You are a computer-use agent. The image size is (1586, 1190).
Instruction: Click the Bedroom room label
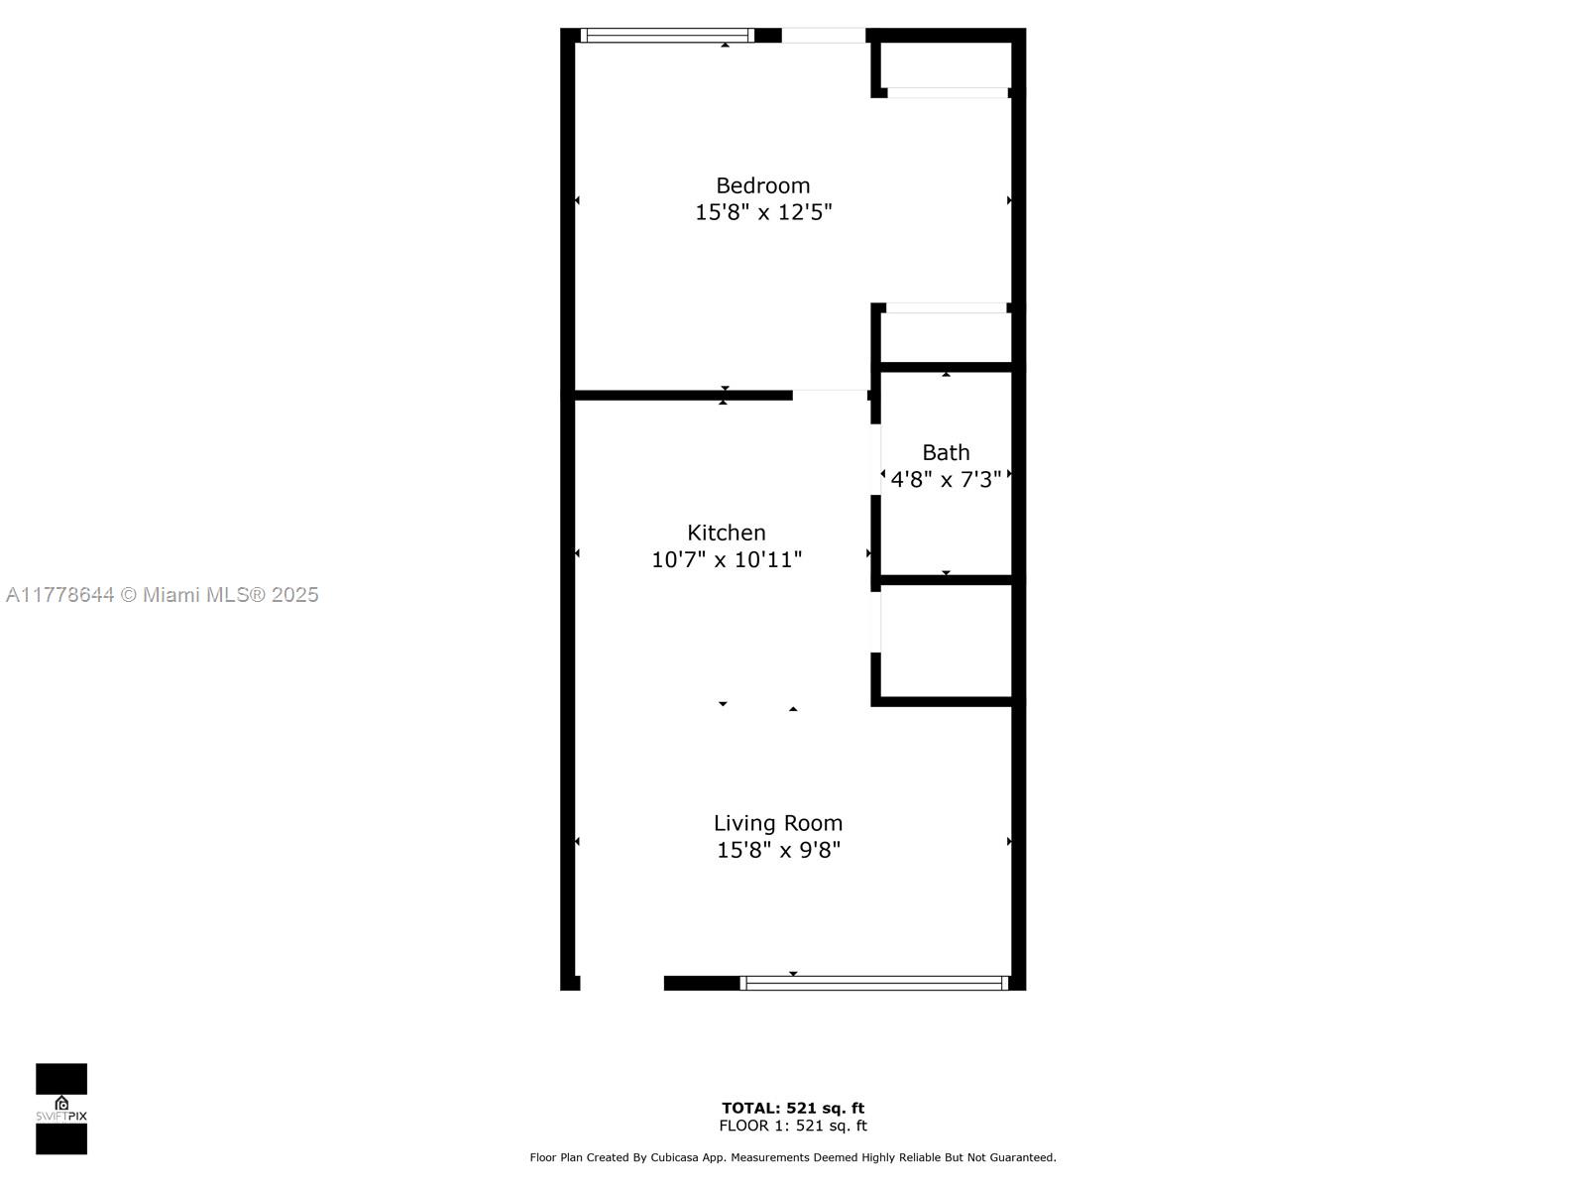(762, 185)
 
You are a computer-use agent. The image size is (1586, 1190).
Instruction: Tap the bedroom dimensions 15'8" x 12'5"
(763, 212)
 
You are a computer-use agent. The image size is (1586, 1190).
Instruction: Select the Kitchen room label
(727, 533)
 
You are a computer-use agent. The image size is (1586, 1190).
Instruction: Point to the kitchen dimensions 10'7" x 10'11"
(727, 559)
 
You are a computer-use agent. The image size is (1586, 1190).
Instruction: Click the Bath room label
(946, 452)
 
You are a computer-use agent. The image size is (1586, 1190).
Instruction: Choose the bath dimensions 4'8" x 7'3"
(946, 479)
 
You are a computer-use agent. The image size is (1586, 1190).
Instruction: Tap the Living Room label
(777, 823)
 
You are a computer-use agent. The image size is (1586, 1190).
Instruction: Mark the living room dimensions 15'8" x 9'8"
(778, 850)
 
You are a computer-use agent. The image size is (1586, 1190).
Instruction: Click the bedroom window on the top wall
(667, 36)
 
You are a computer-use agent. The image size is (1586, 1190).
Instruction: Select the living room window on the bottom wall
(873, 983)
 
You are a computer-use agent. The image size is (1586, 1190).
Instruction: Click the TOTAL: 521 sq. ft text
(793, 1109)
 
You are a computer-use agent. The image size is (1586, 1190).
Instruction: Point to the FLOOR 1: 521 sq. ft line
(793, 1126)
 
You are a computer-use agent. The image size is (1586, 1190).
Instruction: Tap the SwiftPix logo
(61, 1109)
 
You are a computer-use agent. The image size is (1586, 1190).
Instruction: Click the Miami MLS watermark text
(162, 595)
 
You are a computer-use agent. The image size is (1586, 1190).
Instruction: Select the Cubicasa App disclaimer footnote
(793, 1157)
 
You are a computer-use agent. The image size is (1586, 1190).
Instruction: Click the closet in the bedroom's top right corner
(946, 65)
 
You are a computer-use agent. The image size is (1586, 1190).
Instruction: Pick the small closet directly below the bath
(946, 641)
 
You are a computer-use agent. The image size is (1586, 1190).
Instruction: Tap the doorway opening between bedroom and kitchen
(831, 396)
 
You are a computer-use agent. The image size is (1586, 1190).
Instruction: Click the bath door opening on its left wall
(875, 459)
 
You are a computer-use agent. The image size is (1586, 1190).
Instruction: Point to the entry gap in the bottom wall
(623, 983)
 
